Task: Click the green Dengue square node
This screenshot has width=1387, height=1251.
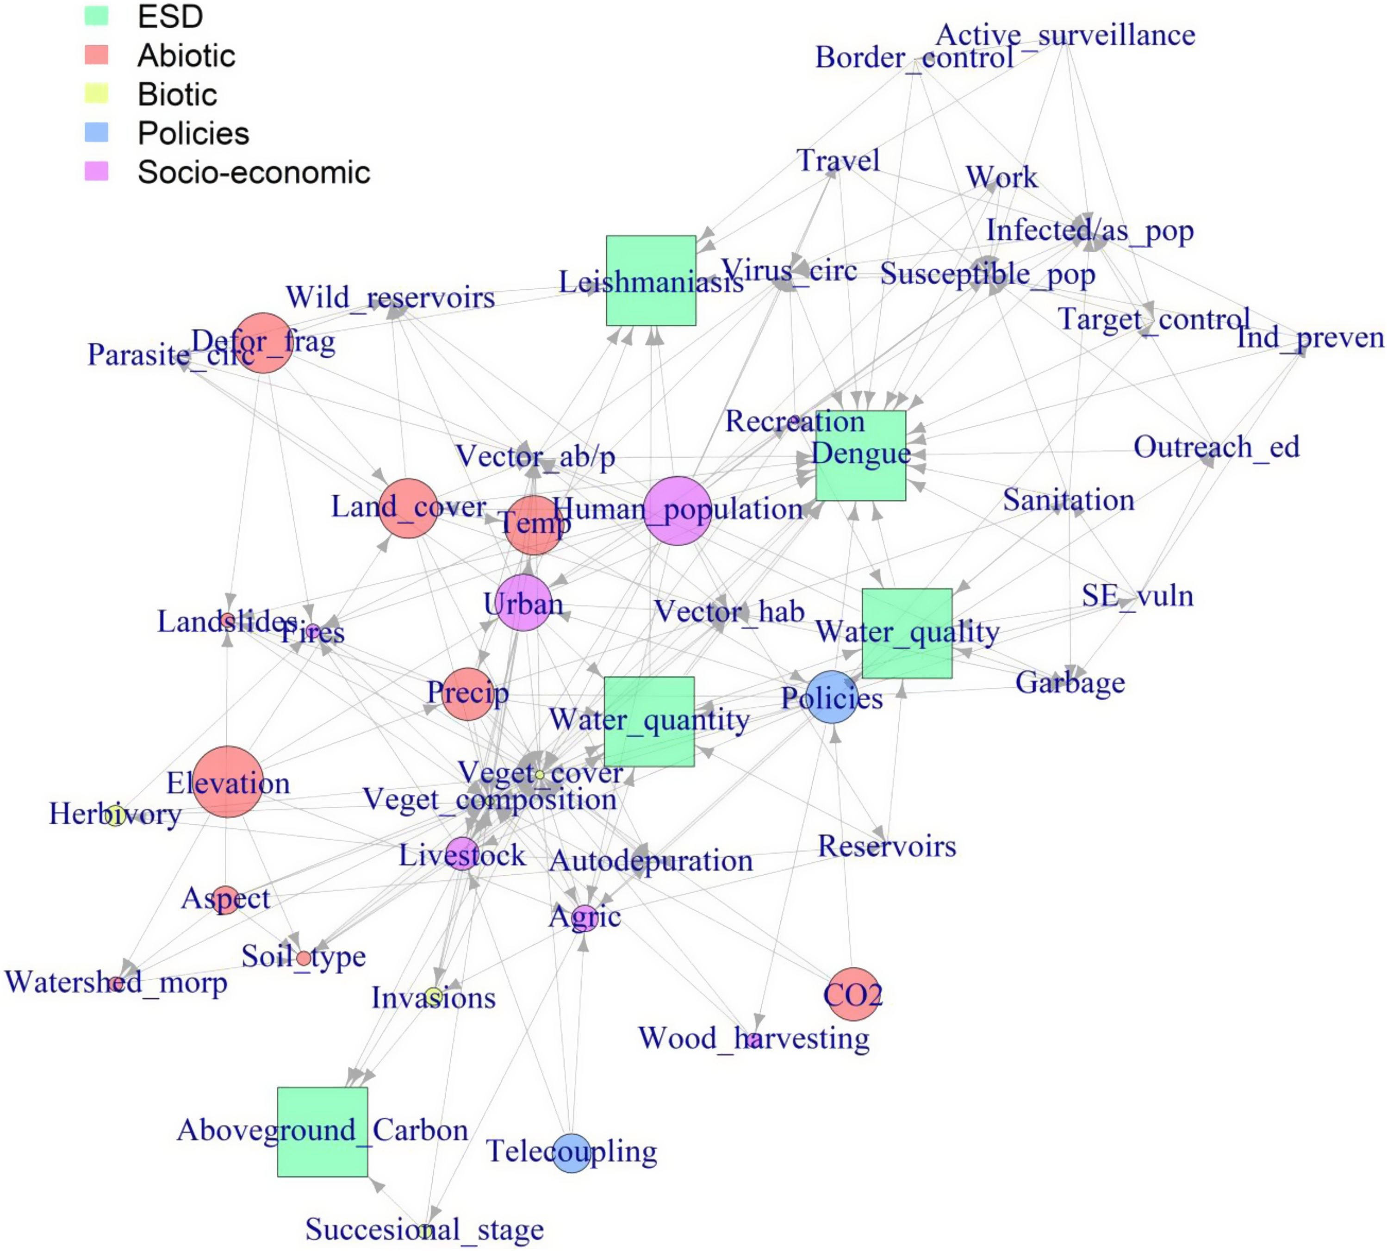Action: (x=860, y=456)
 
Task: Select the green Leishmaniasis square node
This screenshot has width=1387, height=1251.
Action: (x=650, y=280)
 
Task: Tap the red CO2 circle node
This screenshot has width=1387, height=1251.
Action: (x=853, y=995)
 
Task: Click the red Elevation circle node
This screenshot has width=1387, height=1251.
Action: (x=228, y=782)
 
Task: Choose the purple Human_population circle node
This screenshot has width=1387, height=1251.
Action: (x=677, y=510)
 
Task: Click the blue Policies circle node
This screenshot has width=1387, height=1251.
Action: (x=832, y=697)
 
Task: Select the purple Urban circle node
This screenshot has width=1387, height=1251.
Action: (x=523, y=603)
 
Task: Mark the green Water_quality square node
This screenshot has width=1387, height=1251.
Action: (x=907, y=633)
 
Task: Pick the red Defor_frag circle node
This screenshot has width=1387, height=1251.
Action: (x=262, y=343)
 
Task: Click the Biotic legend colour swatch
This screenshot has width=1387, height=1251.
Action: (x=96, y=93)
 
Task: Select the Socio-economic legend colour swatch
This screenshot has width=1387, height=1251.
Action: (x=96, y=171)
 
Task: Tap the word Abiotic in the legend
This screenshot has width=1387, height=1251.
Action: (x=186, y=56)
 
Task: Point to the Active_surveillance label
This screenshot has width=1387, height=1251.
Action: (x=1065, y=35)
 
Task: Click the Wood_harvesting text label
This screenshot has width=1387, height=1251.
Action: (x=753, y=1038)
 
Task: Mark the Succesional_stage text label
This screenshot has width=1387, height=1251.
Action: (x=424, y=1229)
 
